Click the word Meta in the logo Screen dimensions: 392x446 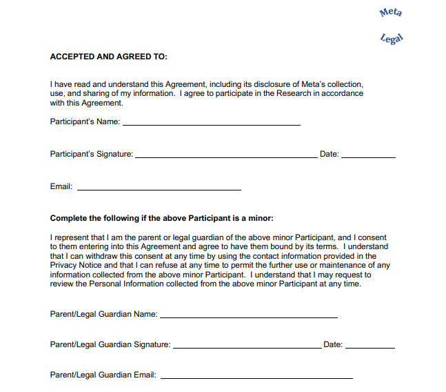pos(391,12)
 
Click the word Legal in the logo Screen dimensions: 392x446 pos(391,38)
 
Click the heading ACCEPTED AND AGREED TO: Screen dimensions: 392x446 pos(109,57)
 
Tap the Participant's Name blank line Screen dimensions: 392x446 pos(211,124)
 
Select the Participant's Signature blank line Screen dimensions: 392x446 pos(226,156)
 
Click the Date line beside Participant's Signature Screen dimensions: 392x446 pos(368,156)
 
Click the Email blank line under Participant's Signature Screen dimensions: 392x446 pos(159,188)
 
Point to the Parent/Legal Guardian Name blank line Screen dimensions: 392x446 pos(248,316)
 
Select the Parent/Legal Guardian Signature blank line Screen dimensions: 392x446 pos(246,346)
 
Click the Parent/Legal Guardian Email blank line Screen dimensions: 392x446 pos(256,377)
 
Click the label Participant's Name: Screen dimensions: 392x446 pos(85,122)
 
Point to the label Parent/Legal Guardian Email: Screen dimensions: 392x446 pos(103,375)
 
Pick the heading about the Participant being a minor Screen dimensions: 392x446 pos(162,219)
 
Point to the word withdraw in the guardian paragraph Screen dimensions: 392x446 pos(99,256)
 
